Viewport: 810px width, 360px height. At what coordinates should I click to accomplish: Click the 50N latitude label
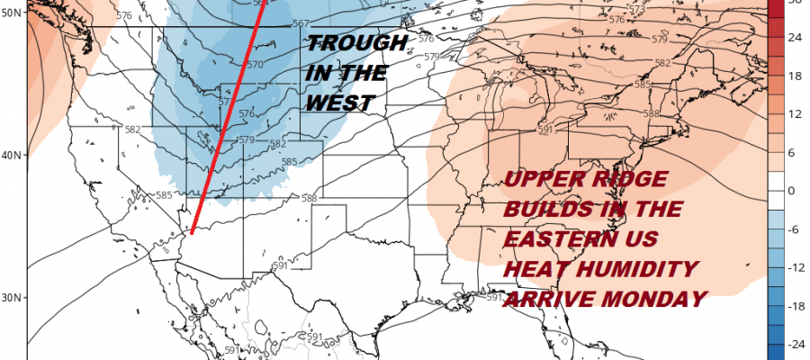12,12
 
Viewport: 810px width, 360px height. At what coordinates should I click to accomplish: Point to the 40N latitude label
12,154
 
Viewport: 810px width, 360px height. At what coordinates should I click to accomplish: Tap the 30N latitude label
12,297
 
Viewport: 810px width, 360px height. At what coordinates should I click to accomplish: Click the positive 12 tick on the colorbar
795,115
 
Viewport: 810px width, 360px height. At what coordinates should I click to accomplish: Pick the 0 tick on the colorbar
791,191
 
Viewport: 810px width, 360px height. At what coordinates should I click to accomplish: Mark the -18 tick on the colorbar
795,306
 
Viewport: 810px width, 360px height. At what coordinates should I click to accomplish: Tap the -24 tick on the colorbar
795,345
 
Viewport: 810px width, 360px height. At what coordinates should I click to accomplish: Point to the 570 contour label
255,65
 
